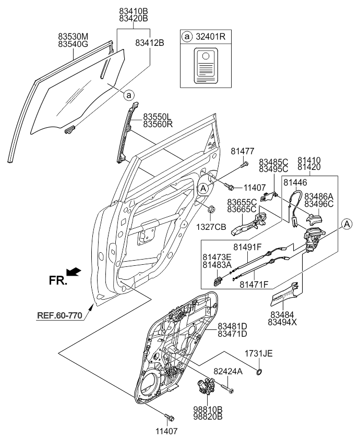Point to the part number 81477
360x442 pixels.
pyautogui.click(x=243, y=151)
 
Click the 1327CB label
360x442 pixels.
pyautogui.click(x=211, y=227)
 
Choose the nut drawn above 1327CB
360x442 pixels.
pyautogui.click(x=211, y=211)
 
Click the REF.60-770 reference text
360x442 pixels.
pyautogui.click(x=60, y=315)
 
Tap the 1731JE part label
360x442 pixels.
pyautogui.click(x=259, y=354)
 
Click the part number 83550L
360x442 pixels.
pyautogui.click(x=158, y=117)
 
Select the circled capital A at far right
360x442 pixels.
pyautogui.click(x=346, y=224)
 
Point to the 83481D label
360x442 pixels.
pyautogui.click(x=232, y=326)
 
